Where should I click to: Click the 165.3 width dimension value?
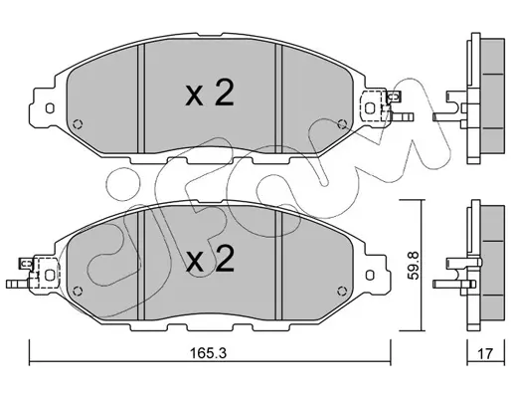coord(208,353)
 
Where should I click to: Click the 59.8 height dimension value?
coord(415,266)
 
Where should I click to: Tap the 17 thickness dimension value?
coord(485,353)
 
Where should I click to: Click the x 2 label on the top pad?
coord(210,94)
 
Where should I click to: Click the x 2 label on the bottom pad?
coord(210,259)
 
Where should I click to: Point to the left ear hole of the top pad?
coord(50,108)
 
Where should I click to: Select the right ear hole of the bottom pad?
coord(370,275)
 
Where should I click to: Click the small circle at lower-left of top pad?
coord(79,124)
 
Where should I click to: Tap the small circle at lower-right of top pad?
coord(342,124)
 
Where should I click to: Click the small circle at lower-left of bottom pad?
coord(79,291)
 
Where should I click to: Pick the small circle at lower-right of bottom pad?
coord(342,291)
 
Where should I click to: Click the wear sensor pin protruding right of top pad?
coord(402,116)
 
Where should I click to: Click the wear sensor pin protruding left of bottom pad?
coord(18,284)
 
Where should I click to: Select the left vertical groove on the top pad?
coord(141,99)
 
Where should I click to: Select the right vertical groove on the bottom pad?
coord(278,266)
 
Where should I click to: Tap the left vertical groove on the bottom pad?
coord(141,266)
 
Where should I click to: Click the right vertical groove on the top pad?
coord(278,99)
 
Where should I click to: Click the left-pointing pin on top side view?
coord(447,116)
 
